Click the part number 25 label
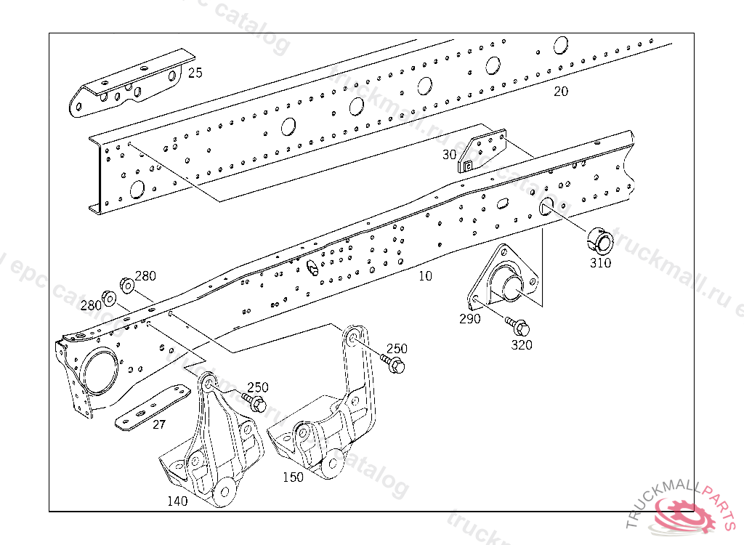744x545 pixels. pos(195,73)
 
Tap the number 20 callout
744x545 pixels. pos(561,92)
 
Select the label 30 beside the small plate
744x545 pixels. pos(449,155)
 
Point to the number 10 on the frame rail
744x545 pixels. pos(425,276)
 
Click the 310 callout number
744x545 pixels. pos(600,263)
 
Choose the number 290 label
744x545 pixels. pos(469,318)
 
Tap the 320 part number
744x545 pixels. pos(522,345)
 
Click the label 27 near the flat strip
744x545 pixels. pos(159,425)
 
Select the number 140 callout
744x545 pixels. pos(177,501)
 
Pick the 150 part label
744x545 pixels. pos(293,477)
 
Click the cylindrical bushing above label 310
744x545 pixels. pos(600,238)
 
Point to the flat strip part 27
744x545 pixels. pos(153,410)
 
